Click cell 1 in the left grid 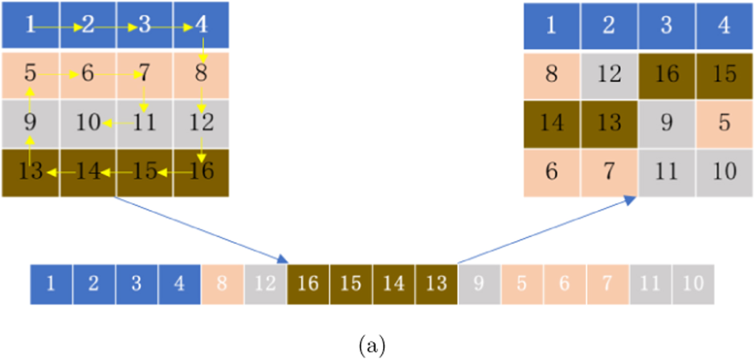31,25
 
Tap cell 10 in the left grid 88,123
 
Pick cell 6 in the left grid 88,75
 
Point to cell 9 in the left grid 31,123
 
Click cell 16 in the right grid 666,75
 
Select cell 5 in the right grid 724,123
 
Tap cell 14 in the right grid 552,123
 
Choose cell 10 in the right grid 724,172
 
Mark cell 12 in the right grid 609,75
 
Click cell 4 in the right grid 724,26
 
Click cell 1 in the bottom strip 51,284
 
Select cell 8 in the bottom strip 222,284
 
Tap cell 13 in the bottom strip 436,284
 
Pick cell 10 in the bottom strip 693,284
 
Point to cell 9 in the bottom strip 479,284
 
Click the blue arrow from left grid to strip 201,230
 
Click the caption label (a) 373,346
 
